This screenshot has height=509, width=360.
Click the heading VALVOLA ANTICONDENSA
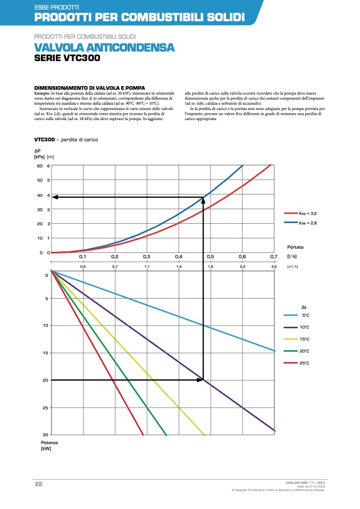[104, 48]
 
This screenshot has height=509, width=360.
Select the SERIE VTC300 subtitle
[66, 58]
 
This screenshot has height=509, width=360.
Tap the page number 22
[38, 483]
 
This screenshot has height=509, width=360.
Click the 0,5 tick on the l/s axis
[211, 256]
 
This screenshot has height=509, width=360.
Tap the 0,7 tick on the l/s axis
[274, 256]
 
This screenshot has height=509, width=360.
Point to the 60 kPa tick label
[40, 166]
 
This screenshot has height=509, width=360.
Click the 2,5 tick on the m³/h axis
[274, 266]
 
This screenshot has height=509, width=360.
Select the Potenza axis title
[49, 443]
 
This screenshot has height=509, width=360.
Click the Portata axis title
[296, 247]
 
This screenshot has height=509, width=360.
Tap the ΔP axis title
[37, 151]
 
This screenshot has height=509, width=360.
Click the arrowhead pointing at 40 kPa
[55, 197]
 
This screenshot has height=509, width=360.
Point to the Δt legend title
[304, 307]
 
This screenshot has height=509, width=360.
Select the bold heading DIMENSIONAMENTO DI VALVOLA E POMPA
[90, 88]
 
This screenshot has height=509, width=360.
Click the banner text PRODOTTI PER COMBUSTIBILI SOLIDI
[139, 18]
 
